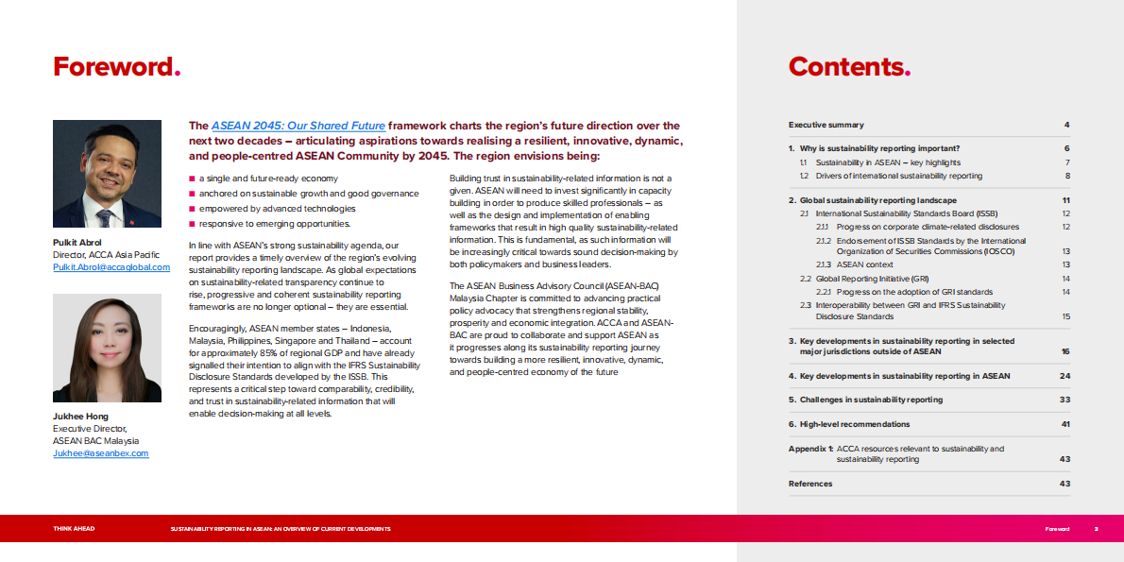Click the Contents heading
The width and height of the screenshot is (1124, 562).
click(849, 67)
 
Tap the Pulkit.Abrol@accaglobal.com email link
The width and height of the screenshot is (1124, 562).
click(111, 267)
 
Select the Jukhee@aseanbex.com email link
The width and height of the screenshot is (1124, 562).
click(100, 453)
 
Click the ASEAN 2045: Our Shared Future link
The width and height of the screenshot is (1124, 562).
click(298, 126)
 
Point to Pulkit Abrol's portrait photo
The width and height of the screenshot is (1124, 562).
click(107, 174)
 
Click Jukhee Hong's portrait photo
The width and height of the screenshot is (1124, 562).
click(107, 348)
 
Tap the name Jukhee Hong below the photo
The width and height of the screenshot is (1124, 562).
click(82, 417)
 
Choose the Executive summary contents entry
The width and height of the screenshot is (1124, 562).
click(826, 125)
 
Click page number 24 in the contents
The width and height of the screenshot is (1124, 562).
click(1064, 376)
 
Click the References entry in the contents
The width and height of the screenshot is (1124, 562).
click(810, 484)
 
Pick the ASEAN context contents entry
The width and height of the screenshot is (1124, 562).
click(864, 265)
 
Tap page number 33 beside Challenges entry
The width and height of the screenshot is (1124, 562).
click(1064, 400)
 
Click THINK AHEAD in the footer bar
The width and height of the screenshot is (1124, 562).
click(74, 529)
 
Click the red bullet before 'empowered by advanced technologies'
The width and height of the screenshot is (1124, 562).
click(192, 209)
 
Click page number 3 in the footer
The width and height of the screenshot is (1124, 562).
click(1096, 529)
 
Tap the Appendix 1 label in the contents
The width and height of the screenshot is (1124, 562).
click(810, 449)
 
